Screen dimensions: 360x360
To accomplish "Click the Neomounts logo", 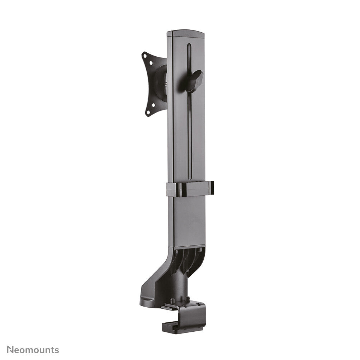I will coord(33,350).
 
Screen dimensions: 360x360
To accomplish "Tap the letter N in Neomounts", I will coord(10,350).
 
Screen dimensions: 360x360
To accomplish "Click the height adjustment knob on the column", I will coord(194,80).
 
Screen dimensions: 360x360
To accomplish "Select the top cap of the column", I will coord(185,33).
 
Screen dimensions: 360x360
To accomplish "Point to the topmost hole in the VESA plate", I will coord(145,55).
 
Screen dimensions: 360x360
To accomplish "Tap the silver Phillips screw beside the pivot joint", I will coord(165,85).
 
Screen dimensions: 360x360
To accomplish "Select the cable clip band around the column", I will coord(190,189).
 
